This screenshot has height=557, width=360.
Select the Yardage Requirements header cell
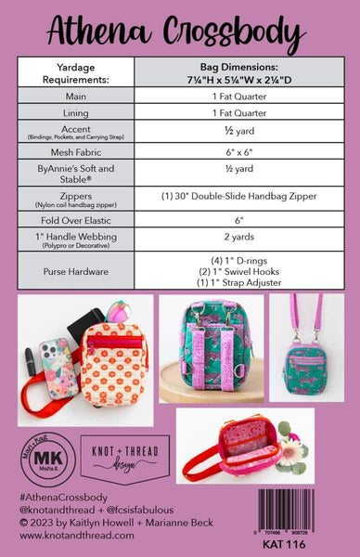pyautogui.click(x=77, y=71)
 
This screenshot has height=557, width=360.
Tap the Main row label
pyautogui.click(x=77, y=97)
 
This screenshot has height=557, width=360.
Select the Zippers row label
pyautogui.click(x=77, y=198)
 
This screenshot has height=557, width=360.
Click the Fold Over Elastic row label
pyautogui.click(x=77, y=220)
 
